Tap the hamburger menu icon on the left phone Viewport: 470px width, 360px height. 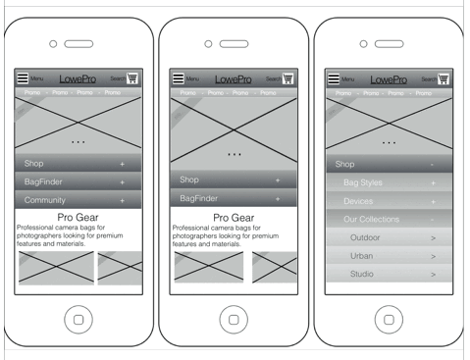(x=23, y=77)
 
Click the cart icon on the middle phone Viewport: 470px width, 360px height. (x=288, y=77)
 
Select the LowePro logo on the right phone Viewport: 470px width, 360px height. (x=389, y=78)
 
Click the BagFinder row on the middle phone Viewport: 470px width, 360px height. (x=234, y=198)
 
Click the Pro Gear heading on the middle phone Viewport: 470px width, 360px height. (x=234, y=218)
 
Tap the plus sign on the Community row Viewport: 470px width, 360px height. (x=123, y=200)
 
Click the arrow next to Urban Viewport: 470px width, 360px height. (x=433, y=255)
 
